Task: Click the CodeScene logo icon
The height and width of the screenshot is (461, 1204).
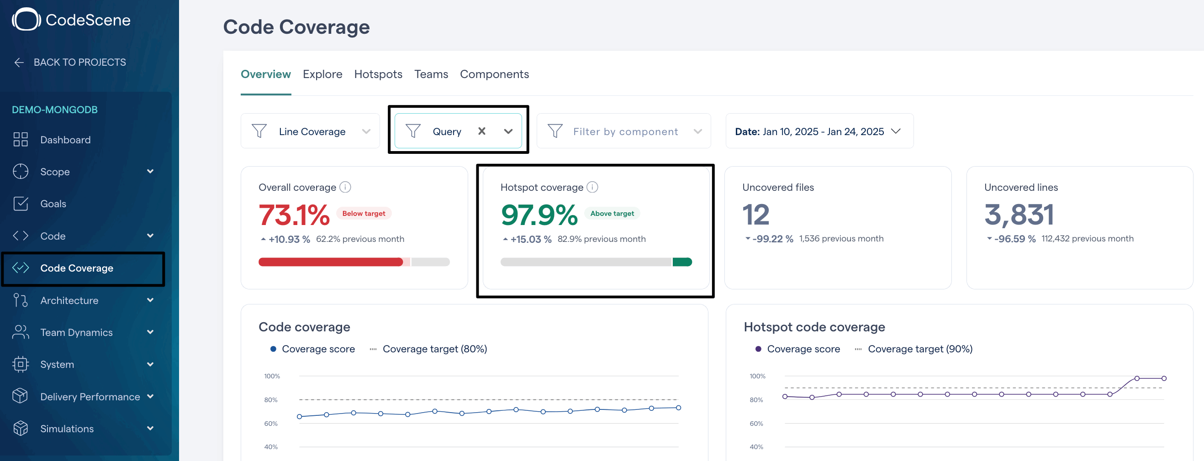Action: tap(26, 20)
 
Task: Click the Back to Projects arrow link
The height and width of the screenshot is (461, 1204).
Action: tap(69, 62)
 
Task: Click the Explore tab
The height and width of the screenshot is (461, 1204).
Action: tap(322, 74)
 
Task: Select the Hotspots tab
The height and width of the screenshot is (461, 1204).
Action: tap(378, 74)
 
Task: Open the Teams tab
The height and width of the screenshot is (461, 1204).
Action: tap(431, 74)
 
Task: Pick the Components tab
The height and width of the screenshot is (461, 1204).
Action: tap(495, 74)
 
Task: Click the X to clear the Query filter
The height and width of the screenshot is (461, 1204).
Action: tap(482, 131)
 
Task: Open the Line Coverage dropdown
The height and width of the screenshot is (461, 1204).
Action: tap(310, 131)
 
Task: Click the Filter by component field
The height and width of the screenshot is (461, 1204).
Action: tap(624, 131)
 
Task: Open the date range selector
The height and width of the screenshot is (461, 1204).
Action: tap(819, 131)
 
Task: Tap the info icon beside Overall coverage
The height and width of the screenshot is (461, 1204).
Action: tap(345, 187)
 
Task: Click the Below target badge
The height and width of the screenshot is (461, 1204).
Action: tap(364, 214)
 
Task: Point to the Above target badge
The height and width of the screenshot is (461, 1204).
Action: tap(612, 214)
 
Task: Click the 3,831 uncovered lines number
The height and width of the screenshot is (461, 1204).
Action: tap(1019, 215)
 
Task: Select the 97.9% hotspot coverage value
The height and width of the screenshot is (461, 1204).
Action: tap(539, 215)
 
